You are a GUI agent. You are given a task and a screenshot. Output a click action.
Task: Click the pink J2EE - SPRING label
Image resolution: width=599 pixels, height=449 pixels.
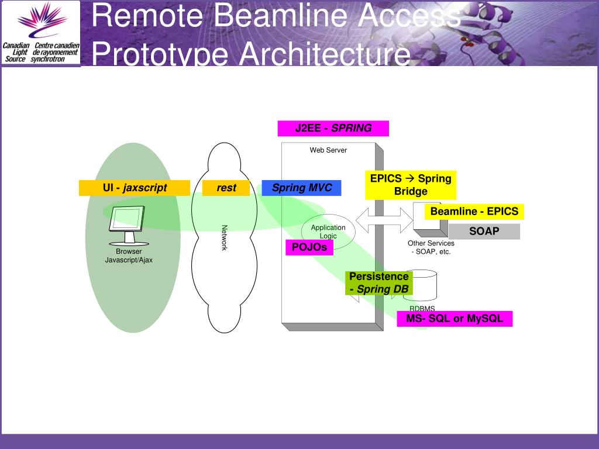(x=333, y=129)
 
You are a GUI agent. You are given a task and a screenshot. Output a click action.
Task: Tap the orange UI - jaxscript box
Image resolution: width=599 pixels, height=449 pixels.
(x=135, y=188)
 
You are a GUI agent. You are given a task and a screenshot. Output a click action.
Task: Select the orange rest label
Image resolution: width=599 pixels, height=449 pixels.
(x=226, y=188)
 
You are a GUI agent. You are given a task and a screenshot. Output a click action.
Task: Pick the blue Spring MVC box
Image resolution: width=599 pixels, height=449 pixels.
(x=301, y=188)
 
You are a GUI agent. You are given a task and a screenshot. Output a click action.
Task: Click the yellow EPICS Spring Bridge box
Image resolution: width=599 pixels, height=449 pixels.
(x=411, y=185)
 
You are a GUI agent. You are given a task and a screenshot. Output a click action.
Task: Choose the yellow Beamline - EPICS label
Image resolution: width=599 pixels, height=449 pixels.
(x=474, y=211)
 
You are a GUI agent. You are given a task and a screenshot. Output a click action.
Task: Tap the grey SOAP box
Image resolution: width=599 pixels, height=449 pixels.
(x=484, y=232)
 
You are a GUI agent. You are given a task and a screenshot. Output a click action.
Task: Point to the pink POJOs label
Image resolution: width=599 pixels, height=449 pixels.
(x=309, y=247)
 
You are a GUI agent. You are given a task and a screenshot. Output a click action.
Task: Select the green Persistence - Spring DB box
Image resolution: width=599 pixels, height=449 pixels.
(x=378, y=282)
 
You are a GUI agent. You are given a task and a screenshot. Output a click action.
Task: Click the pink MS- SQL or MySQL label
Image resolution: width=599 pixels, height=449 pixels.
(x=455, y=319)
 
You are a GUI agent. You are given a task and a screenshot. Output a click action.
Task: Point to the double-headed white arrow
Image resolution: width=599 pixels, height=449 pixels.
(x=384, y=219)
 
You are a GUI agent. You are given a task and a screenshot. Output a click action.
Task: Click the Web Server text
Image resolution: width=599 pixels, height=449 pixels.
(x=328, y=150)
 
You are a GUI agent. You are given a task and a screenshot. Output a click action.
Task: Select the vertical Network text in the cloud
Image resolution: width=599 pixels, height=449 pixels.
(x=224, y=238)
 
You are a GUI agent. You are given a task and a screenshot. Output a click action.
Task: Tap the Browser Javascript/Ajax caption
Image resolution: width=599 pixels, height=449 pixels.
(x=129, y=255)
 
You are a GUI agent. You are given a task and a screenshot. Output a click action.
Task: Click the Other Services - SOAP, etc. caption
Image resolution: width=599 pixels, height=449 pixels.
(x=431, y=247)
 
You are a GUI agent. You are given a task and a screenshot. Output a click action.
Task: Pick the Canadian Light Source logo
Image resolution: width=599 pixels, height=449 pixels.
(x=41, y=33)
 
